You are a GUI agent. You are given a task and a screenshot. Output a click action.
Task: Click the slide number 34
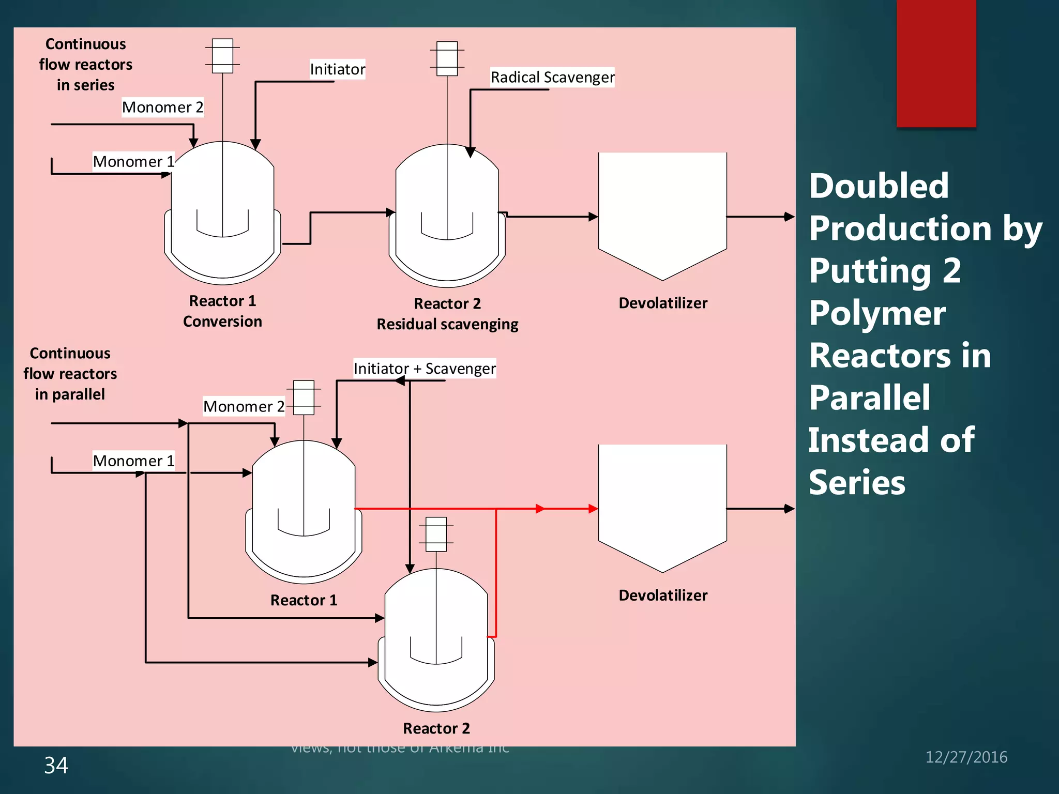coord(56,766)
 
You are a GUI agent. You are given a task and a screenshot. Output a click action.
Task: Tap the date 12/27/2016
coord(966,757)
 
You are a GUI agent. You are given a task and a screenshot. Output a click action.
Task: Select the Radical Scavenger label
coord(552,78)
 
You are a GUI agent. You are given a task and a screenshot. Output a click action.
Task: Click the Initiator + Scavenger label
coord(425,369)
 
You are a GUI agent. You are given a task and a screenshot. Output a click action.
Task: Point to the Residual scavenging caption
coord(447,324)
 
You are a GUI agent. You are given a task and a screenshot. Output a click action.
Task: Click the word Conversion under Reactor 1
coord(222,322)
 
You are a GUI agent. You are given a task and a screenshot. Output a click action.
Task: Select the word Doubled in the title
coord(879,186)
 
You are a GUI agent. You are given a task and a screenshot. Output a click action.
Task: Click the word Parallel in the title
coord(870,398)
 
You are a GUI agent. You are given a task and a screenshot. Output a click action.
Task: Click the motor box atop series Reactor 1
coord(222,56)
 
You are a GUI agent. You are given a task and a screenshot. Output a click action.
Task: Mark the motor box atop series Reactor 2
coord(447,58)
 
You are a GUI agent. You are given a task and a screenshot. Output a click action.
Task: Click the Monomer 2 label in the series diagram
coord(162,108)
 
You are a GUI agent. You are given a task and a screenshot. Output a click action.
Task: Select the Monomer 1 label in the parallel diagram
coord(133,461)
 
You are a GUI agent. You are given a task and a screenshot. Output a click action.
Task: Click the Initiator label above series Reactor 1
coord(337,69)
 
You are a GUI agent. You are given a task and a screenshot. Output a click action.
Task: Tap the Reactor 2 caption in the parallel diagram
coord(436,728)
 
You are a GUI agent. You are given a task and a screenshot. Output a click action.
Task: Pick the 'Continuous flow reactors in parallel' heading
coord(70,374)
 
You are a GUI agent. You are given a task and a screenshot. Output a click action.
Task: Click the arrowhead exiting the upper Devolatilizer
coord(789,217)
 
